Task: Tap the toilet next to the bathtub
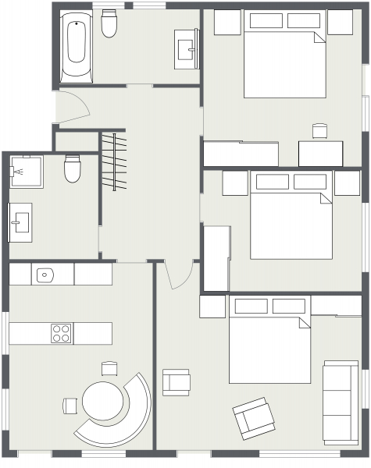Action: click(x=109, y=26)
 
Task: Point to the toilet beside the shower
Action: click(x=73, y=168)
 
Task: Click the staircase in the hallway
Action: click(x=114, y=161)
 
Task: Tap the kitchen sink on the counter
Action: click(x=45, y=274)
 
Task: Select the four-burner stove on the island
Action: click(x=62, y=333)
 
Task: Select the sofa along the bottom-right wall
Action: click(x=341, y=402)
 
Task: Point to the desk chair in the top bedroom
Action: click(x=319, y=131)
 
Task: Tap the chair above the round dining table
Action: click(x=109, y=368)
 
